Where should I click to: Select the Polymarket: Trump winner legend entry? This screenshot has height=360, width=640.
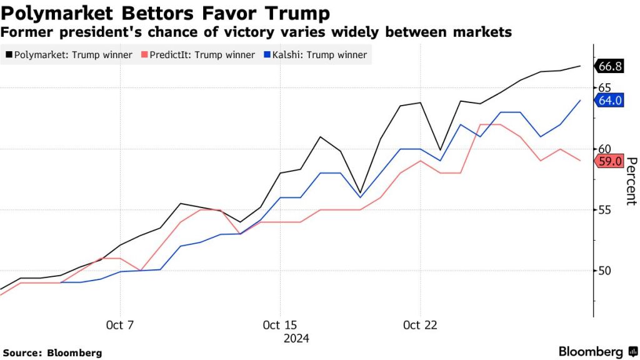pyautogui.click(x=70, y=55)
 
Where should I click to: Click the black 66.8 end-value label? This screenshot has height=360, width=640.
pyautogui.click(x=611, y=66)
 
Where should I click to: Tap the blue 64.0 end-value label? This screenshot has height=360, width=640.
pyautogui.click(x=611, y=100)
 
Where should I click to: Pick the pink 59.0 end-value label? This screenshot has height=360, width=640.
pyautogui.click(x=611, y=161)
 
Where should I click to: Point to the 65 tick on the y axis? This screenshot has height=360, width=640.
pyautogui.click(x=604, y=88)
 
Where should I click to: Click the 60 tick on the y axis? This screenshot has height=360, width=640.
pyautogui.click(x=604, y=149)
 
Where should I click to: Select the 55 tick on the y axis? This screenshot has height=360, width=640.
pyautogui.click(x=604, y=210)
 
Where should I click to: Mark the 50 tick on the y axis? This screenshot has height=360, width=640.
pyautogui.click(x=604, y=271)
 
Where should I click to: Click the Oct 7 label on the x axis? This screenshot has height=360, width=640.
pyautogui.click(x=120, y=326)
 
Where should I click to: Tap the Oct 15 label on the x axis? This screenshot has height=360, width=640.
pyautogui.click(x=279, y=326)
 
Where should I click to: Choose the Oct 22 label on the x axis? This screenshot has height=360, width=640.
pyautogui.click(x=420, y=326)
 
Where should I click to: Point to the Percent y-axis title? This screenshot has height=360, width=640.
pyautogui.click(x=630, y=181)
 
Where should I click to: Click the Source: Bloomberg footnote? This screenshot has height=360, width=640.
pyautogui.click(x=52, y=352)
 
